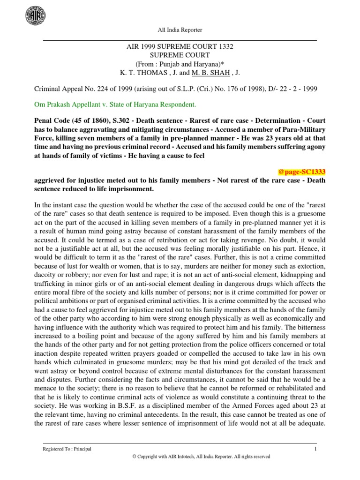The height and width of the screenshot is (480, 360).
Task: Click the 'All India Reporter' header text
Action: [x=180, y=30]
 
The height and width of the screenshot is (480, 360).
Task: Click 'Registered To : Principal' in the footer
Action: [x=67, y=449]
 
